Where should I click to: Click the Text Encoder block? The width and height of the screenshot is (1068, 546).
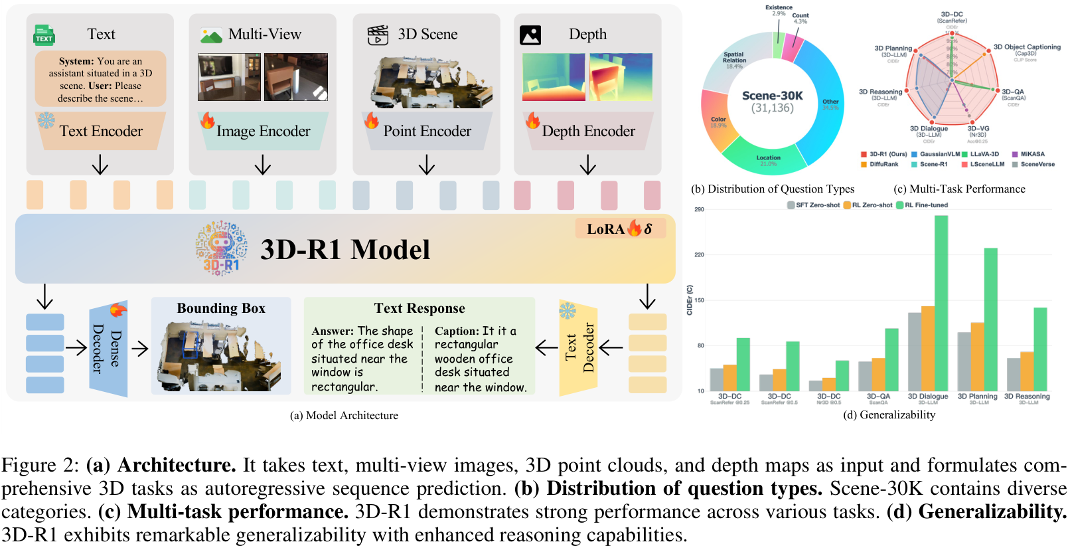click(101, 132)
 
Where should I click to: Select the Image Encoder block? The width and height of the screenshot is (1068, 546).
click(263, 132)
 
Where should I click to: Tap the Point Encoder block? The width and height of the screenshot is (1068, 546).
click(427, 132)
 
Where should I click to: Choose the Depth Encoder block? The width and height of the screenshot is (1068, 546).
click(588, 132)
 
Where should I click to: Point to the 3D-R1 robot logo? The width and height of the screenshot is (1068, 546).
click(221, 248)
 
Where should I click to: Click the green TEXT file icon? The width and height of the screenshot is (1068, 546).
click(44, 35)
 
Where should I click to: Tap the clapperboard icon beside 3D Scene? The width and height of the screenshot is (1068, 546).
click(378, 35)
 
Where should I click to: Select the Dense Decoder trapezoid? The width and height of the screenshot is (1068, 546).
click(108, 349)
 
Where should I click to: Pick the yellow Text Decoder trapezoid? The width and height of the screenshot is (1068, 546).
click(579, 348)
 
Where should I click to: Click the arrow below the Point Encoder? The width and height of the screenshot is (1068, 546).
click(427, 165)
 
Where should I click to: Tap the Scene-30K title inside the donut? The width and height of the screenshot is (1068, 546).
click(772, 96)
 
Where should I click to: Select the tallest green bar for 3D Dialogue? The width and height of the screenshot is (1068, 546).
click(941, 303)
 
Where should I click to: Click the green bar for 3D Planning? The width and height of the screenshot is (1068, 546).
click(990, 319)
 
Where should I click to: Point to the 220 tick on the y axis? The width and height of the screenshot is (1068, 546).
click(699, 254)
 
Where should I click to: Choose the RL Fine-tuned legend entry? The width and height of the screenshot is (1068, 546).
click(922, 205)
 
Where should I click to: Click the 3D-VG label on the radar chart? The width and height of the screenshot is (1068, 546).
click(978, 130)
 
